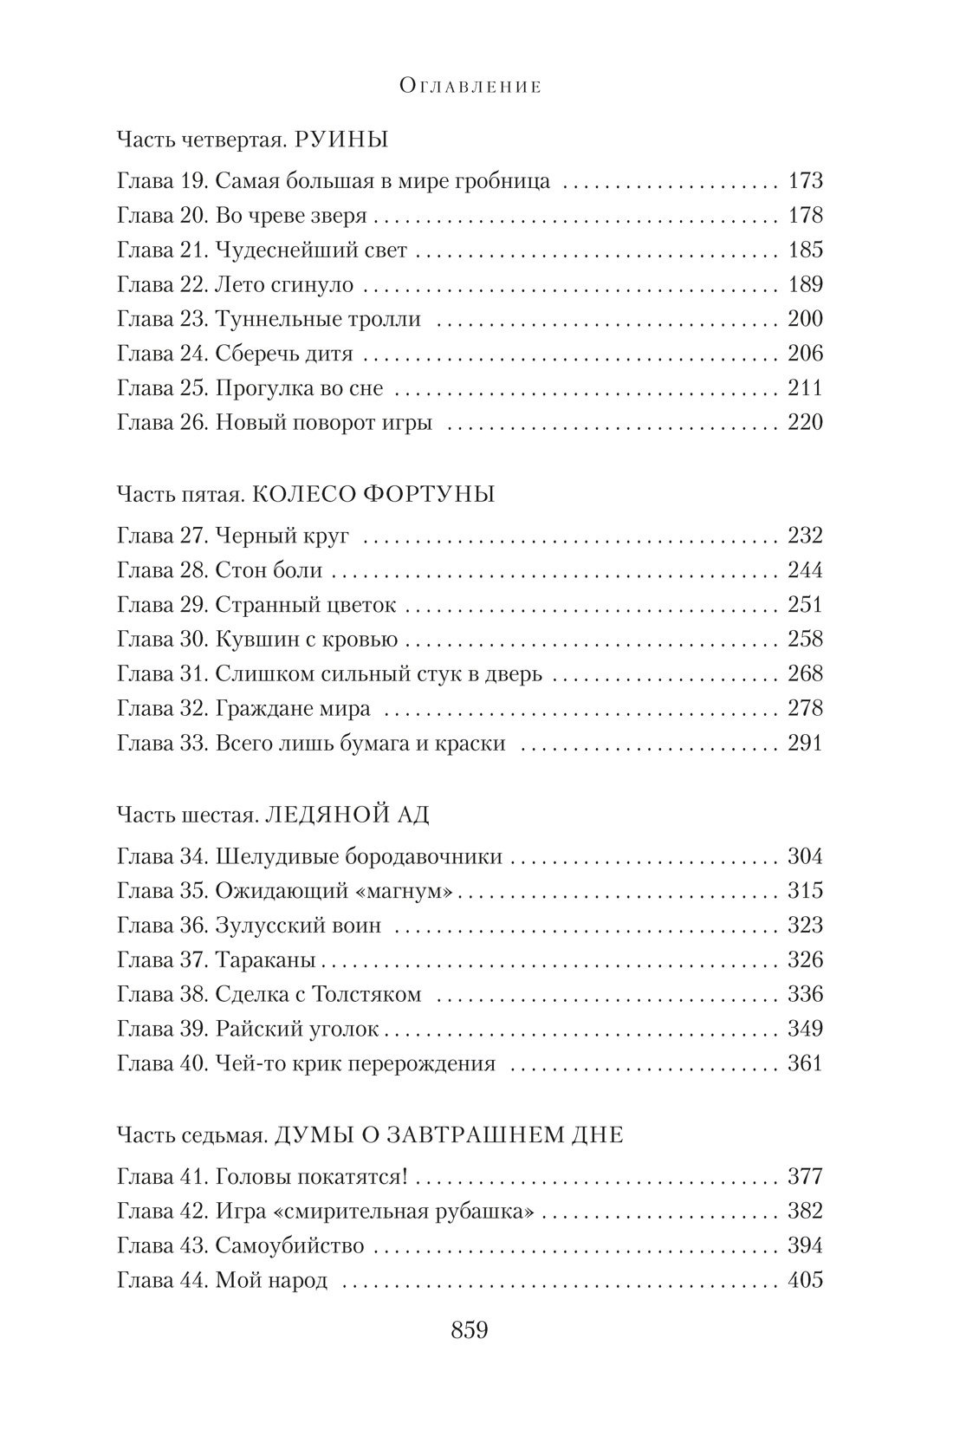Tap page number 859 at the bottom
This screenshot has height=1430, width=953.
470,1330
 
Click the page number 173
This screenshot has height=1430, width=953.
805,181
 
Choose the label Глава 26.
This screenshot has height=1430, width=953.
159,423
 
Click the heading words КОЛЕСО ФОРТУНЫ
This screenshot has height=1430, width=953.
376,494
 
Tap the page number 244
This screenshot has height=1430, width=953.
805,570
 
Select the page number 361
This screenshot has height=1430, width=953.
805,1063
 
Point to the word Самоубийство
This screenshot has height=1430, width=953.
288,1246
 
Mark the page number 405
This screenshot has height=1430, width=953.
805,1280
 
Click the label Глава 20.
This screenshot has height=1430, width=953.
159,216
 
